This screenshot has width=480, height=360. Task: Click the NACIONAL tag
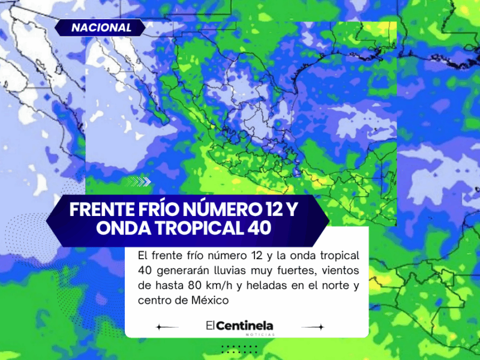point(101,28)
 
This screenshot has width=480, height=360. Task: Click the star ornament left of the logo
point(159,328)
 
